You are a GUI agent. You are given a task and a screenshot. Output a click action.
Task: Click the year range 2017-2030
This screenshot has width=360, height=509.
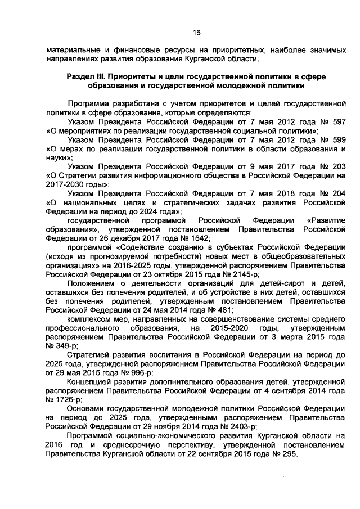click(65, 184)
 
